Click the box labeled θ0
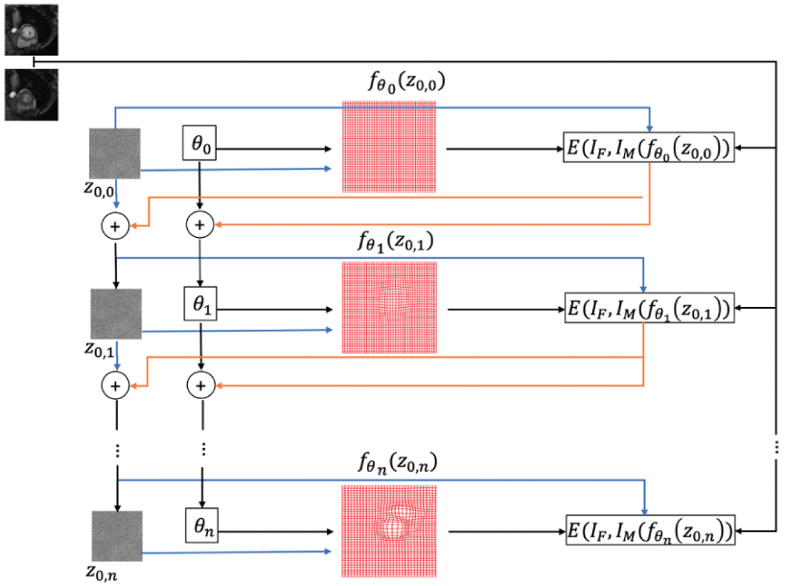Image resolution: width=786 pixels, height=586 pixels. click(x=199, y=146)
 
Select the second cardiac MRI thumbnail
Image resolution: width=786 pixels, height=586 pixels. click(x=30, y=95)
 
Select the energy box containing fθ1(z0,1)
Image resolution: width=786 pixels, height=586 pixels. click(x=649, y=309)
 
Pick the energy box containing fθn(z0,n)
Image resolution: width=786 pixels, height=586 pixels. click(x=649, y=529)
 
